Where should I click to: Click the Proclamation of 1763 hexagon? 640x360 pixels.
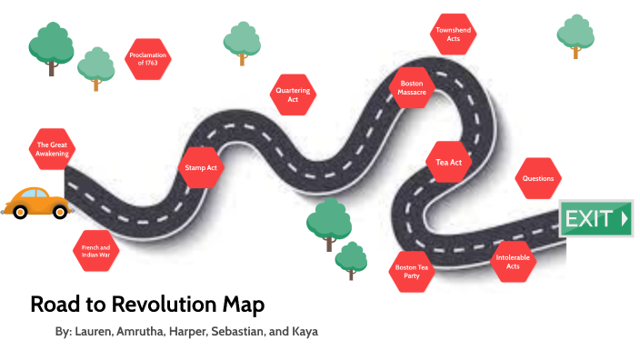149,60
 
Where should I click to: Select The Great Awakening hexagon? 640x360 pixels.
52,149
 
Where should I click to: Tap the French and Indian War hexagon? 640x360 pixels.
95,252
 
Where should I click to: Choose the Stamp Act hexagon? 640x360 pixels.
201,167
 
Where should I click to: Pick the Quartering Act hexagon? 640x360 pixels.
293,95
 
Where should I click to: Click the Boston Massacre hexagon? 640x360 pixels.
412,88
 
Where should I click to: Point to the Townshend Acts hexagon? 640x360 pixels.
452,35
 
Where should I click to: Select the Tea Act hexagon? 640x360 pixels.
449,163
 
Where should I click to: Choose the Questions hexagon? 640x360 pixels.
538,178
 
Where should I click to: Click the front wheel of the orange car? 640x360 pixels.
60,212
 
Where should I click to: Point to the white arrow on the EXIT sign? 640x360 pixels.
624,218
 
